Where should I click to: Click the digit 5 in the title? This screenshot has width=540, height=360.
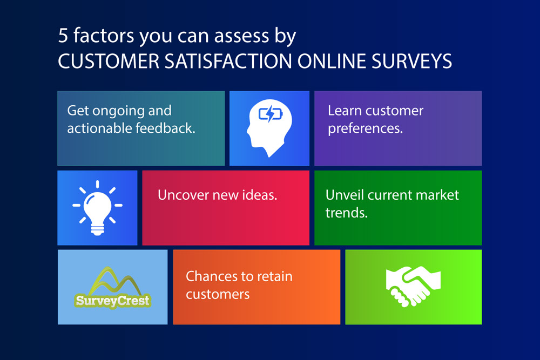63,36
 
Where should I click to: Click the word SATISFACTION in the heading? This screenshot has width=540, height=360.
228,62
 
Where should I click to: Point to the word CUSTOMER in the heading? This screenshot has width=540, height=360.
109,62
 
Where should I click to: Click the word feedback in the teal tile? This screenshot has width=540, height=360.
165,128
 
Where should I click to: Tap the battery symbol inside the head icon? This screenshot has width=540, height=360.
271,113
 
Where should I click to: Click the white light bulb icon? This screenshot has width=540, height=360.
97,208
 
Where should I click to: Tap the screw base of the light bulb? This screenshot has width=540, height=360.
97,229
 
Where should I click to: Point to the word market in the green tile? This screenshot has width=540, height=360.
437,195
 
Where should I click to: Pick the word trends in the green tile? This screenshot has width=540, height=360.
347,213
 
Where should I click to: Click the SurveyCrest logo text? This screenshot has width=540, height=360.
113,301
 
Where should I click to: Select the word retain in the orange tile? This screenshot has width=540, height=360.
275,276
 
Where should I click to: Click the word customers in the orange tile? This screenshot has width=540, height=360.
218,294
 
